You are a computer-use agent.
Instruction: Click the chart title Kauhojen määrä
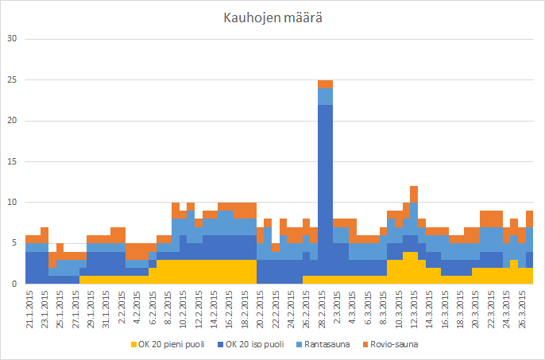coord(272,17)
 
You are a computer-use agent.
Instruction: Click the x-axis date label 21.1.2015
coord(29,307)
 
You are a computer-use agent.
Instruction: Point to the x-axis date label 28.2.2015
coord(325,307)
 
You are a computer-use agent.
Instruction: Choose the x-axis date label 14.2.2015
coord(215,307)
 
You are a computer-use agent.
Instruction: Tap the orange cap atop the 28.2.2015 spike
coord(325,84)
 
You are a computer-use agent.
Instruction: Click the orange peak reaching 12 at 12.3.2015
coord(414,194)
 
